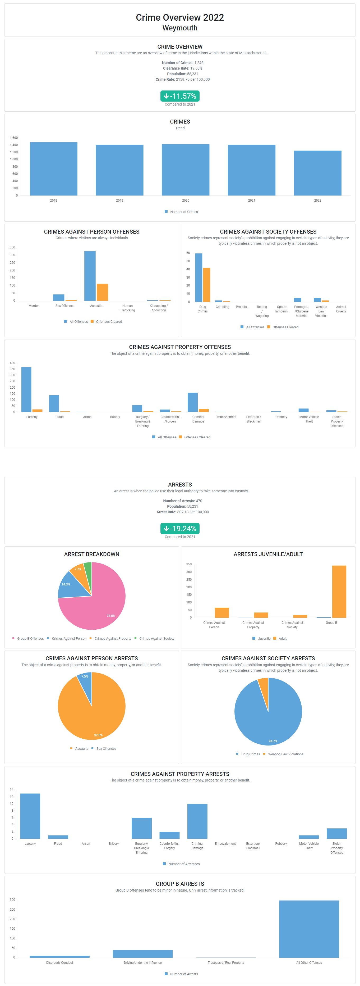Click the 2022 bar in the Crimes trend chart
317,173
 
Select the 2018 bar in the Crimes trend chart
54,169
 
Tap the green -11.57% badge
180,96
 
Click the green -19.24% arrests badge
180,529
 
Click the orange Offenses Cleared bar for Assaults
103,292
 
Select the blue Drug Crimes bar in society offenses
199,278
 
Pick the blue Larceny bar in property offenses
26,389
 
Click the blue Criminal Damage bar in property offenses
192,402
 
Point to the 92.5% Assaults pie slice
92,716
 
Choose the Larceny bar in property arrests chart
30,816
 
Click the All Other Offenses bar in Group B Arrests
309,929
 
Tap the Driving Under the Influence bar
143,953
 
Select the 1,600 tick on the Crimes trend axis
14,138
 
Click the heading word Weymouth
180,28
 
